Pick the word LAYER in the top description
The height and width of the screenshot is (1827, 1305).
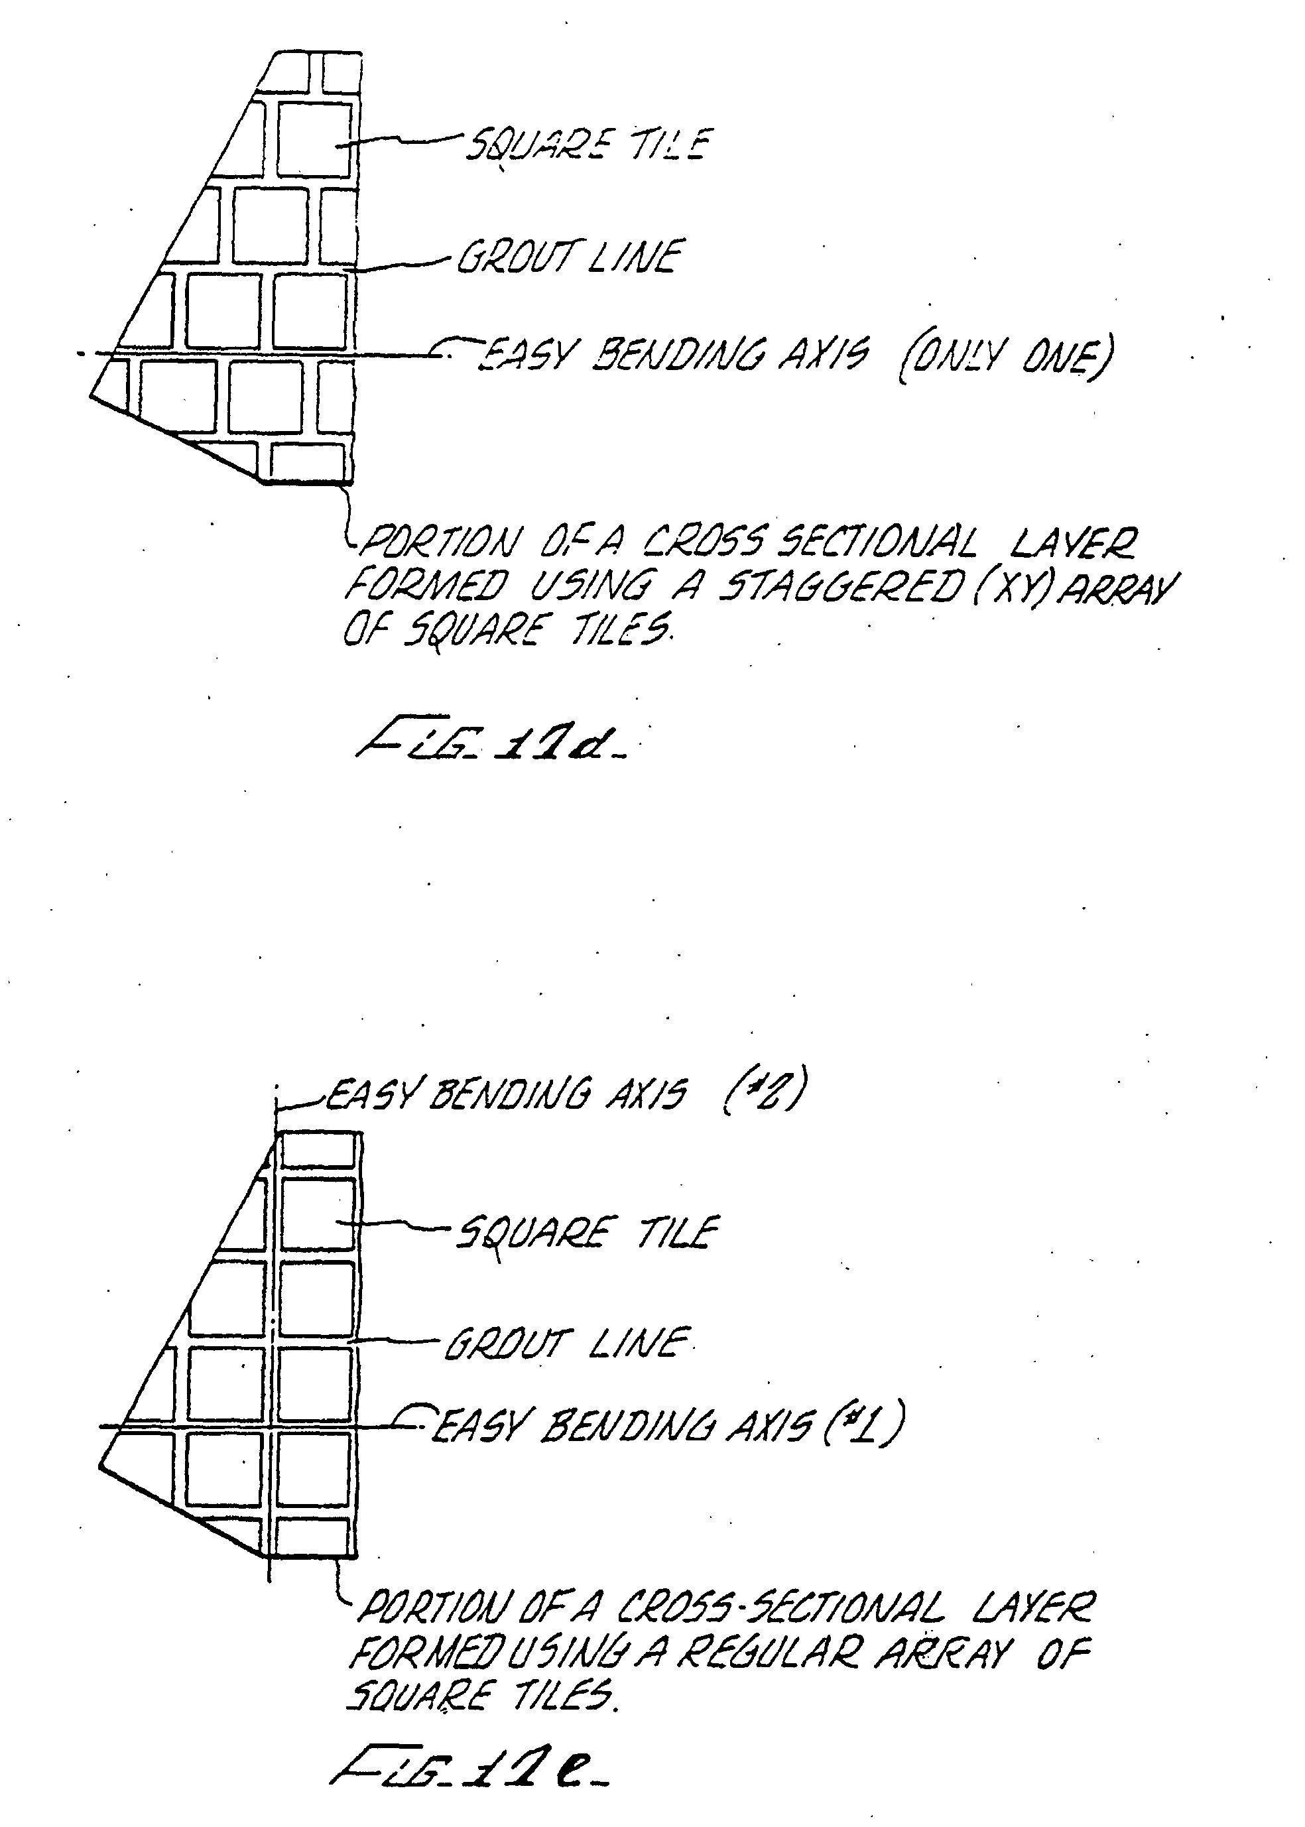tap(1074, 544)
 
